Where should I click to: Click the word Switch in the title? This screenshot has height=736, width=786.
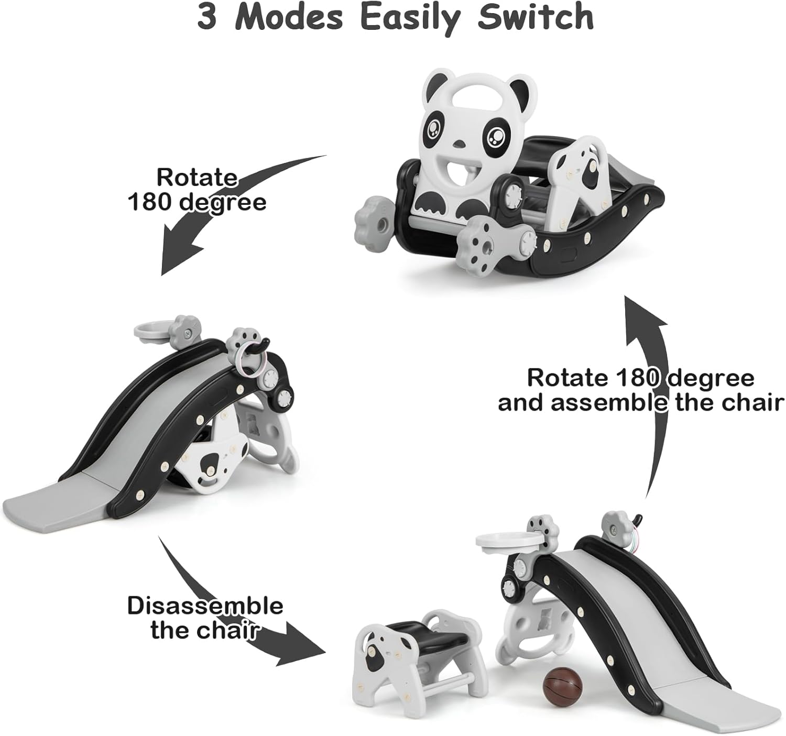point(536,17)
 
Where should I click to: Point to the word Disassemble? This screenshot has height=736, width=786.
point(205,606)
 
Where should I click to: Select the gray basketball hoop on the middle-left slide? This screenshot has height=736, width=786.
point(152,330)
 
